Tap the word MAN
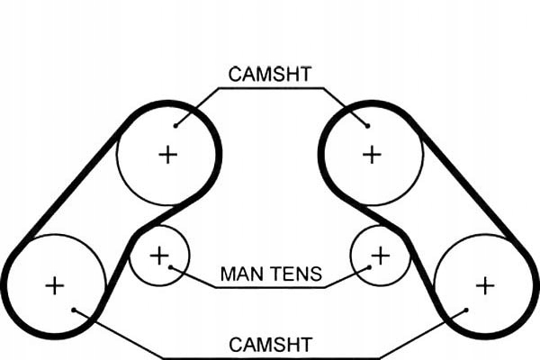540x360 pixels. [x=240, y=274]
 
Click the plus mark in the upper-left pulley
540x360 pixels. [x=167, y=154]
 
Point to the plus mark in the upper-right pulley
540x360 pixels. [x=372, y=154]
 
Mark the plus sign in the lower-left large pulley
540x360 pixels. [x=55, y=286]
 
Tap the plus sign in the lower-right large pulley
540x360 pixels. [x=485, y=286]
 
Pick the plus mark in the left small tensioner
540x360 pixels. [x=159, y=256]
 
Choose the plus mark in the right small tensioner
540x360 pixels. [x=381, y=256]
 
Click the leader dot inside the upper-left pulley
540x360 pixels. [x=175, y=124]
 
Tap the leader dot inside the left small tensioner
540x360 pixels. [x=171, y=267]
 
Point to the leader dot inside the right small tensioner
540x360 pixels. [x=369, y=267]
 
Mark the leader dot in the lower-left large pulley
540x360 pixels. [x=75, y=311]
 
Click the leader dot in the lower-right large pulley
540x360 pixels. [x=465, y=311]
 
